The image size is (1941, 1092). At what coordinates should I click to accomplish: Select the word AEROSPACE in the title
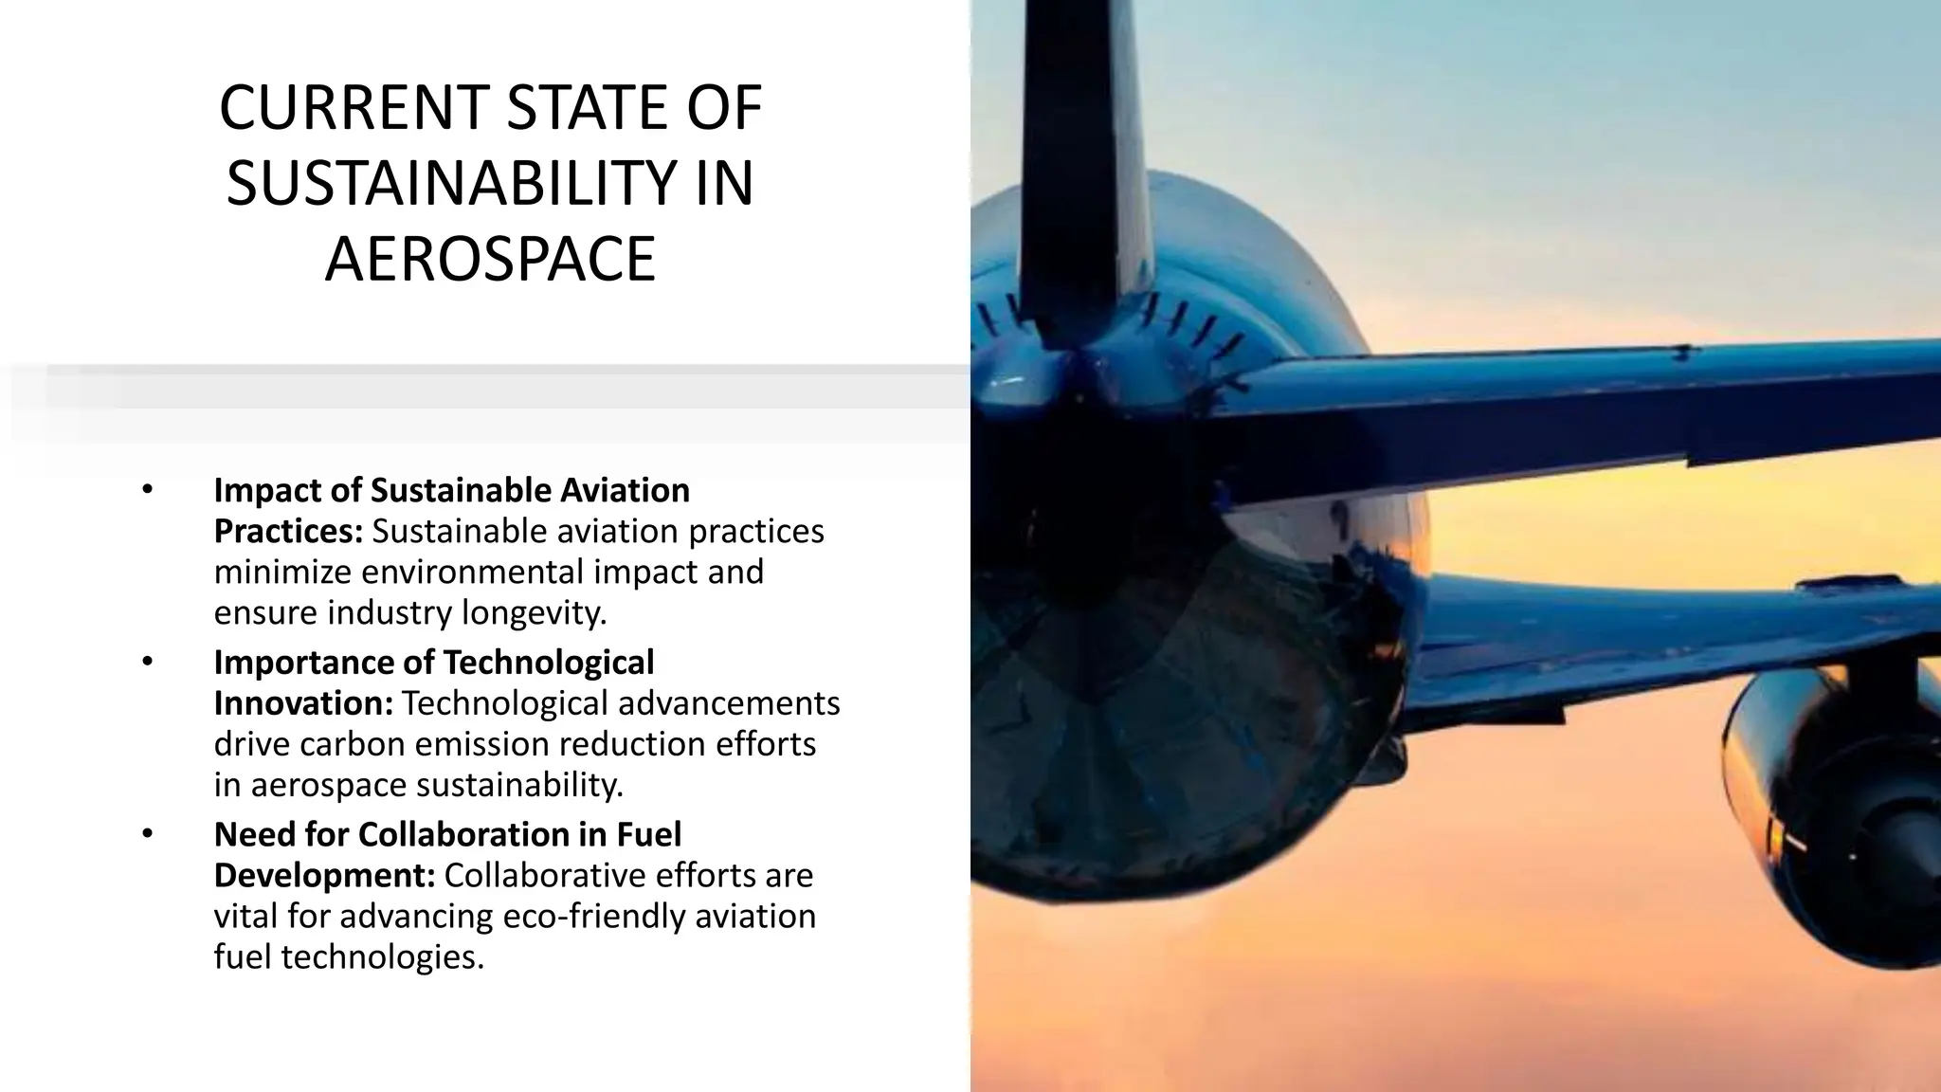490,260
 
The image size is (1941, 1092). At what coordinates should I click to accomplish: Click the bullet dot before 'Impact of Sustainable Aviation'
147,490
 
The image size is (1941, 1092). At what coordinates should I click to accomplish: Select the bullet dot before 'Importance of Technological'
147,662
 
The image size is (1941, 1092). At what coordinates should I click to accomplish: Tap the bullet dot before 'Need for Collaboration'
147,834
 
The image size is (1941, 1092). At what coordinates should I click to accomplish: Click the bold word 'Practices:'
288,532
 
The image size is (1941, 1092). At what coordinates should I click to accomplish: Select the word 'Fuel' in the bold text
649,834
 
